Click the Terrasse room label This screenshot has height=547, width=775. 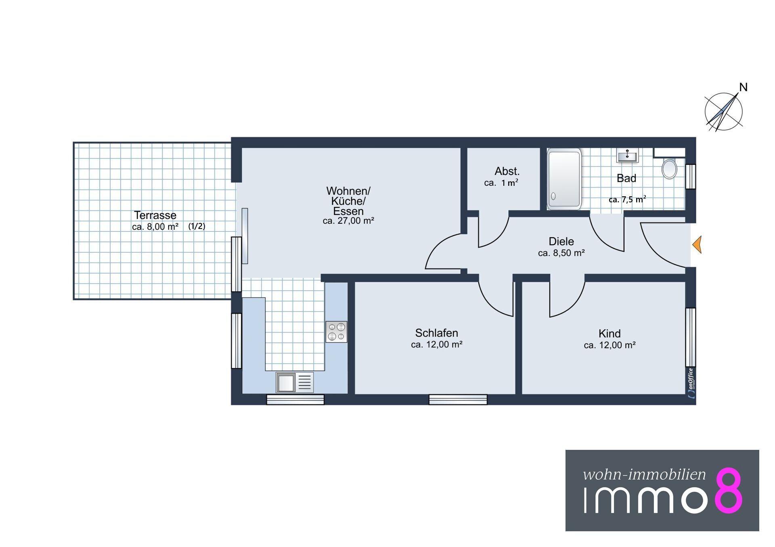pyautogui.click(x=155, y=215)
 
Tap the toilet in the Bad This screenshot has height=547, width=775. pyautogui.click(x=669, y=168)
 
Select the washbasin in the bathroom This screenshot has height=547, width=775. pyautogui.click(x=627, y=155)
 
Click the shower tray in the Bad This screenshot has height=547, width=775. pyautogui.click(x=564, y=179)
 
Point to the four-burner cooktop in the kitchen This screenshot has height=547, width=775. pyautogui.click(x=336, y=332)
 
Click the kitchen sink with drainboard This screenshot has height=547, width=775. pyautogui.click(x=295, y=382)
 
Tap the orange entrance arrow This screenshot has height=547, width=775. pyautogui.click(x=697, y=245)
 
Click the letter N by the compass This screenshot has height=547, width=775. pyautogui.click(x=743, y=87)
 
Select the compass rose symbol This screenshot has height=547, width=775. pyautogui.click(x=723, y=112)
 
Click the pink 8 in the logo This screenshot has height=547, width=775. pyautogui.click(x=729, y=491)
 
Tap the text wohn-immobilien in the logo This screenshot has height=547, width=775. pyautogui.click(x=644, y=474)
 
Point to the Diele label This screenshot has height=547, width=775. pyautogui.click(x=561, y=241)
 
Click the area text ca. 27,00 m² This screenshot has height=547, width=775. pyautogui.click(x=348, y=221)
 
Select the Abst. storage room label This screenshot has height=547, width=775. pyautogui.click(x=507, y=171)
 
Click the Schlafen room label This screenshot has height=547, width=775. pyautogui.click(x=436, y=333)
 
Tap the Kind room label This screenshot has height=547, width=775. pyautogui.click(x=610, y=334)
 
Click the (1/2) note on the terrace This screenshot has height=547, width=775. pyautogui.click(x=197, y=227)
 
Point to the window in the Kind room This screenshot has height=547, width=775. pyautogui.click(x=691, y=337)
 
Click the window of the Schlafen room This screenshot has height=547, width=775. pyautogui.click(x=458, y=399)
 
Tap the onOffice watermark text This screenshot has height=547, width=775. pyautogui.click(x=691, y=383)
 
